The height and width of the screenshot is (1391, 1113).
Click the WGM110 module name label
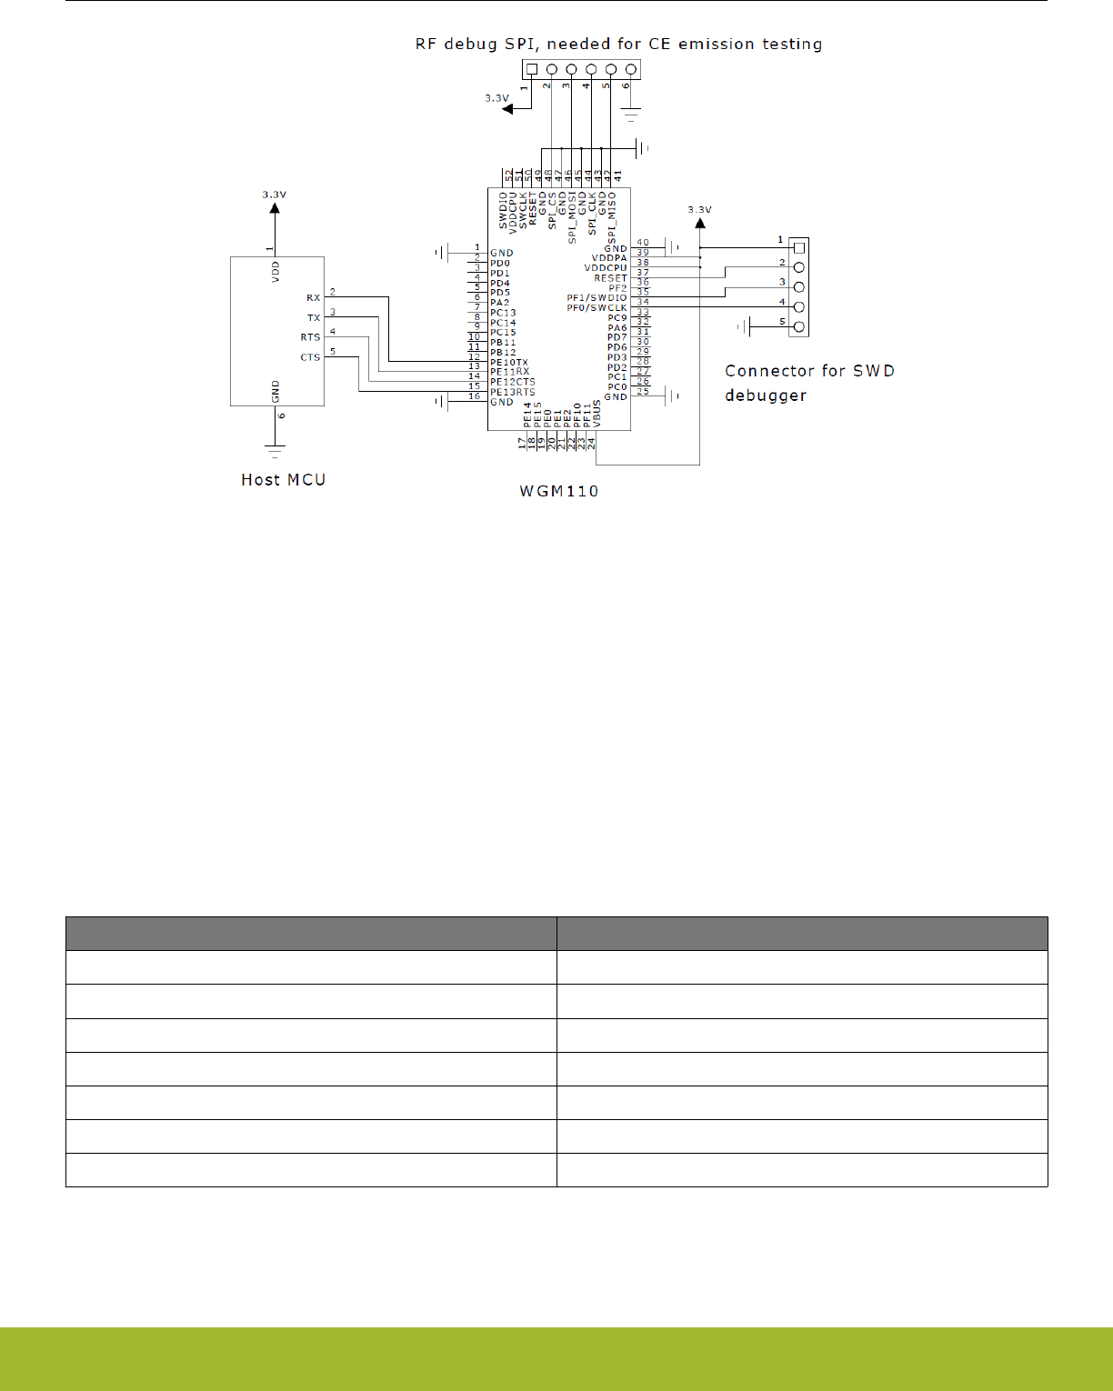click(558, 491)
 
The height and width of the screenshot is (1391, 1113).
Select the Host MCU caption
click(283, 480)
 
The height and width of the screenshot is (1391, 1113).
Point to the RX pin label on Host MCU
click(313, 298)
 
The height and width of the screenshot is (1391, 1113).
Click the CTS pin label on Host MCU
click(310, 357)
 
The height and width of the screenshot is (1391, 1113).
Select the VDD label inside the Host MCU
click(276, 272)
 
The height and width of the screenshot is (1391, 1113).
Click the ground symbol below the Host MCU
click(275, 449)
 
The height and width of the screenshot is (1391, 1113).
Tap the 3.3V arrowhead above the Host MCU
click(275, 208)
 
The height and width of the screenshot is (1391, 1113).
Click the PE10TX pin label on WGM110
click(509, 363)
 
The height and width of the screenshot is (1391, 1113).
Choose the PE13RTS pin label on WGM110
click(513, 393)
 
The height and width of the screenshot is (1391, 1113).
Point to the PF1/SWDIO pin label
click(597, 298)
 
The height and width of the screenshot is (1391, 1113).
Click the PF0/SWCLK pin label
click(597, 308)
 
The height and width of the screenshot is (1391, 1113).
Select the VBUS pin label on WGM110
click(597, 415)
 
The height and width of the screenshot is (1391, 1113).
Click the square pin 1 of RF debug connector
click(532, 69)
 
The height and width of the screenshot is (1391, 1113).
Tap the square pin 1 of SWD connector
click(799, 247)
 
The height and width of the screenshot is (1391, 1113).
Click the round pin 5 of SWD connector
click(799, 326)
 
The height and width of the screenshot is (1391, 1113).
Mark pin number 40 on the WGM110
click(643, 243)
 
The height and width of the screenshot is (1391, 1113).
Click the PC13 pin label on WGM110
click(503, 313)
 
